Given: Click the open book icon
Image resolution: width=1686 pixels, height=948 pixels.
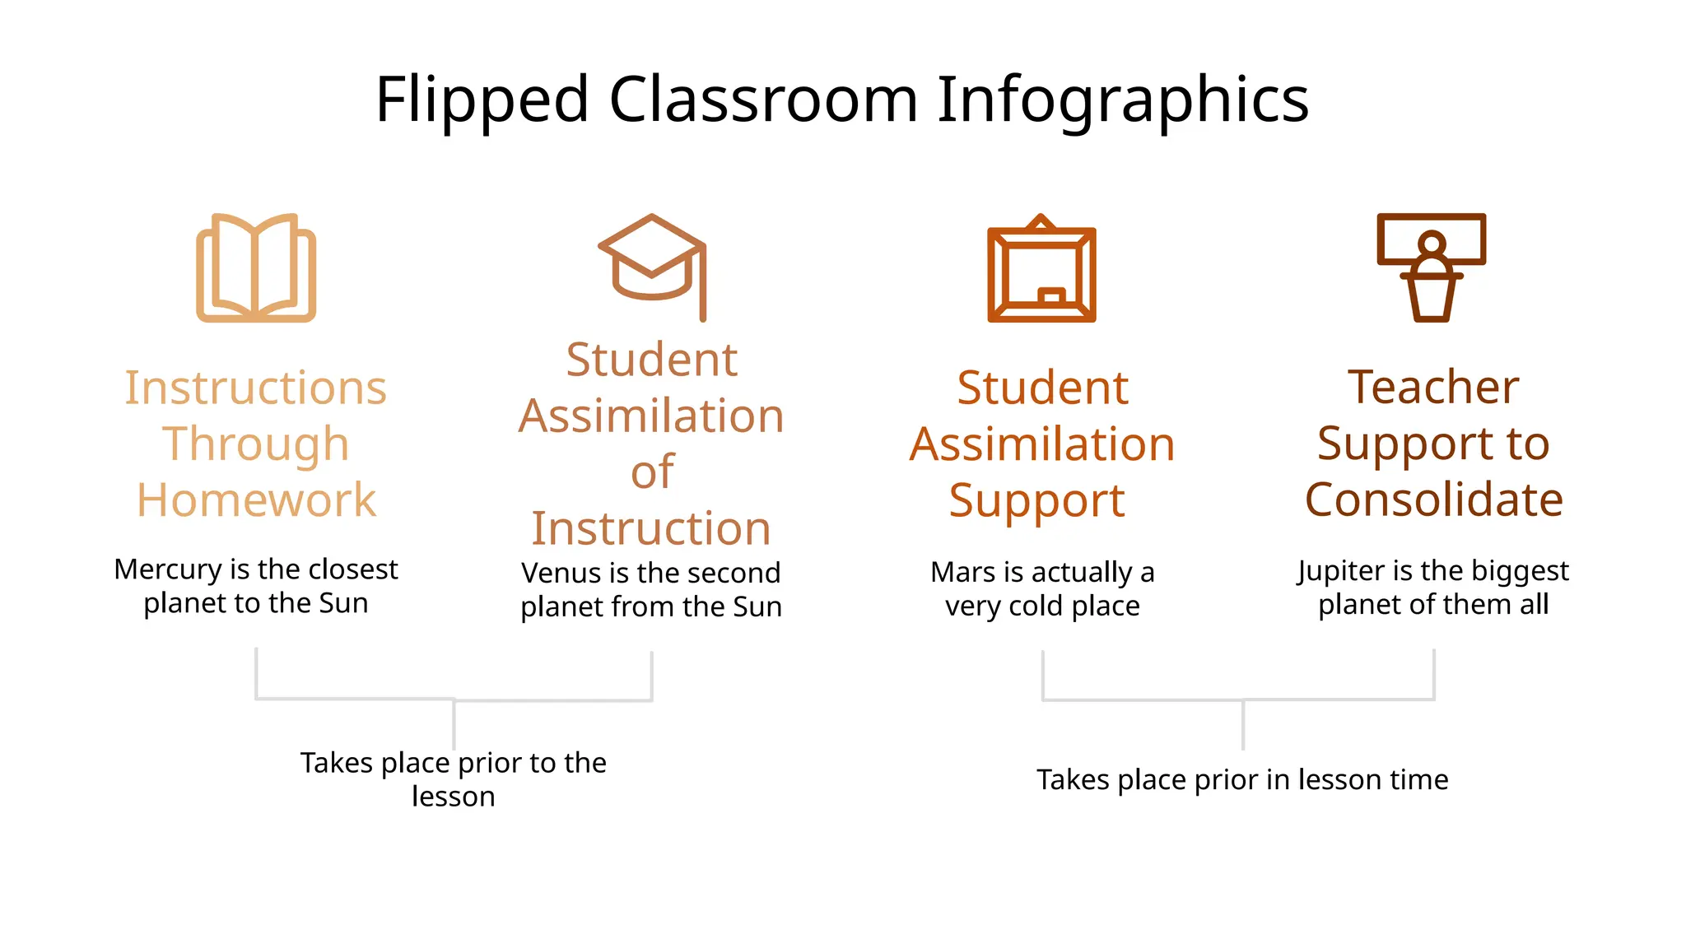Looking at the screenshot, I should click(256, 267).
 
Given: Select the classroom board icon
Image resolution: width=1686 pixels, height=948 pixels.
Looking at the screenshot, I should click(1041, 270).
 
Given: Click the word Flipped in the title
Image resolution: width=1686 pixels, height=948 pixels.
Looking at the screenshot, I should click(482, 100).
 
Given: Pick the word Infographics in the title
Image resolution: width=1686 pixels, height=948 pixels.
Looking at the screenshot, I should click(1123, 100).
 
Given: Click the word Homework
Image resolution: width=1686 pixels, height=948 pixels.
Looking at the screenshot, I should click(256, 500).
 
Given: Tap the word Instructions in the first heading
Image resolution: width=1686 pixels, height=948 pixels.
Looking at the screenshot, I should click(256, 388).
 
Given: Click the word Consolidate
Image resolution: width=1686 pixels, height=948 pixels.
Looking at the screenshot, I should click(1433, 500).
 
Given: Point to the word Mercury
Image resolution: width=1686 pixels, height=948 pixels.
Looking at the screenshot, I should click(168, 569).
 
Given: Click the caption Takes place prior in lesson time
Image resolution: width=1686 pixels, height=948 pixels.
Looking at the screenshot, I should click(1242, 779).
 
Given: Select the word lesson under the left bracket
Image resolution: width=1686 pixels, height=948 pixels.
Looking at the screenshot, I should click(454, 797).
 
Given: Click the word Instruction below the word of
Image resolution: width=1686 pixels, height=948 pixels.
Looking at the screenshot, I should click(651, 528).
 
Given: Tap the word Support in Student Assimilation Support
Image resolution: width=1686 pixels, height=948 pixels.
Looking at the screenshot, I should click(1036, 500).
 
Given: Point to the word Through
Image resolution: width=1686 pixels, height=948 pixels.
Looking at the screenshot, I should click(256, 444).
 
